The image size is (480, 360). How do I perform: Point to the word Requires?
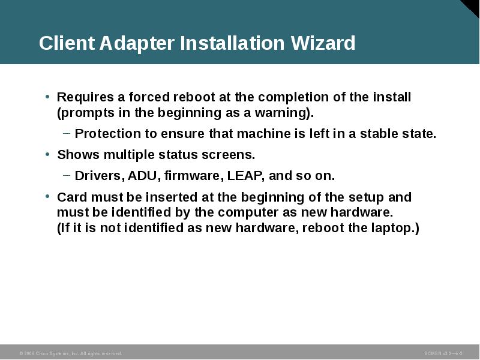point(82,97)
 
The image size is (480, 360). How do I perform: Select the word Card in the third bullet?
point(71,197)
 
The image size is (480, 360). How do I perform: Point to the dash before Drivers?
point(67,176)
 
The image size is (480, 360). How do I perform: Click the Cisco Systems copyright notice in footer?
point(71,354)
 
